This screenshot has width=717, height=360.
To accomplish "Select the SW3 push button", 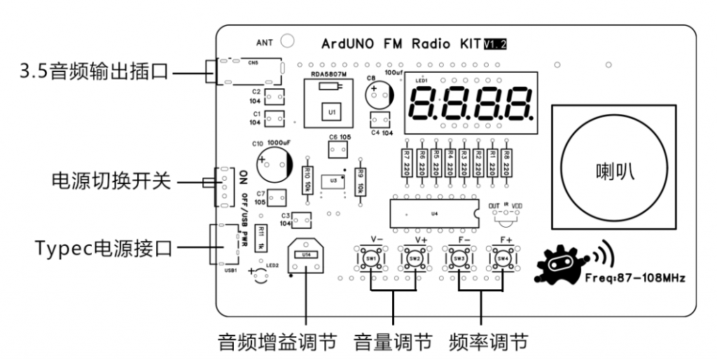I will (459, 259).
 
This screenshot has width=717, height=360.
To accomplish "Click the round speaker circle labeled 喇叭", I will (613, 168).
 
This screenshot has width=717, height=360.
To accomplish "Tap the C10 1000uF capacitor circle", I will (273, 162).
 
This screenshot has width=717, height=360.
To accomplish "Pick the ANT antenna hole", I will (287, 42).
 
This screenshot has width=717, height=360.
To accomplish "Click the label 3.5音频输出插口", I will (95, 71).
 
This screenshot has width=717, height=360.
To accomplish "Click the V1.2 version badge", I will (495, 43).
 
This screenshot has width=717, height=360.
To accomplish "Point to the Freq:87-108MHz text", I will (634, 278).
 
